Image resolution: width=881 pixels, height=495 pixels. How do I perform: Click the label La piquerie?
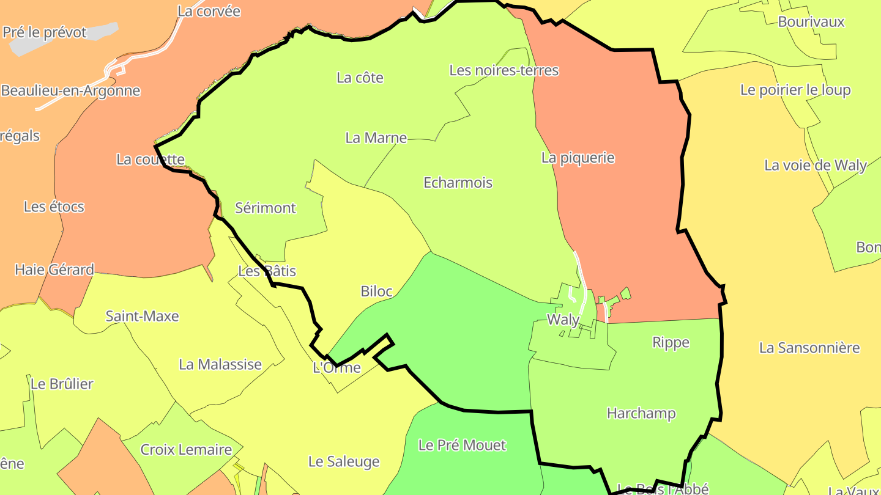point(578,158)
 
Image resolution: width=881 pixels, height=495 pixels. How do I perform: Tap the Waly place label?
point(563,320)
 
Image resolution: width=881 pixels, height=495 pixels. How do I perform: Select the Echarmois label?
point(458,182)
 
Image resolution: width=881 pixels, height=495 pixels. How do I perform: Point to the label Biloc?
point(376,291)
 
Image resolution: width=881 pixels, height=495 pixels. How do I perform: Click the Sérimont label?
point(266,208)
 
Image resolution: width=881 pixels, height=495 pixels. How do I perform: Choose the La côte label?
point(360,78)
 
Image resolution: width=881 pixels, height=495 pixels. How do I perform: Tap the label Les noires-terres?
point(504,70)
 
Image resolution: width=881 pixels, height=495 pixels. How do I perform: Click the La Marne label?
point(376,137)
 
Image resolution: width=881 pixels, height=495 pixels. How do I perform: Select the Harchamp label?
point(641,413)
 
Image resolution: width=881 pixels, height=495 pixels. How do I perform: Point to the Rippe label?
point(671,342)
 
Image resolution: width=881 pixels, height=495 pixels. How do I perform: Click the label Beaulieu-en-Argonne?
point(70,91)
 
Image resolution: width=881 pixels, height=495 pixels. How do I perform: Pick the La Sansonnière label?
point(809,348)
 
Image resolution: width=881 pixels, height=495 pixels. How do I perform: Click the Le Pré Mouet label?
point(462,445)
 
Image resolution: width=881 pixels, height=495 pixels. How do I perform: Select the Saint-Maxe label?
point(142,316)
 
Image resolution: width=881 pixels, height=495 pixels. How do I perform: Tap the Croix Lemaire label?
point(186,450)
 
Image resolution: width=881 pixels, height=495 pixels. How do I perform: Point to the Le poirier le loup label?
point(795,90)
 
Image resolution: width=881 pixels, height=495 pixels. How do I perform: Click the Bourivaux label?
point(811,22)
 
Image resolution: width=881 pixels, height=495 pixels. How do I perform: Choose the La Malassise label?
point(220,364)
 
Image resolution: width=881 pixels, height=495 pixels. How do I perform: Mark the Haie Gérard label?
point(54,269)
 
